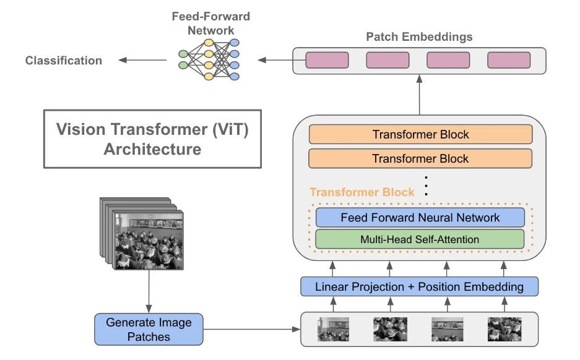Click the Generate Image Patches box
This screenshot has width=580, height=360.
coord(149,329)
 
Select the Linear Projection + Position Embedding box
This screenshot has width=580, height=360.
coord(419,286)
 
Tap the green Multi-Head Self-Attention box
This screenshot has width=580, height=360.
coord(420,239)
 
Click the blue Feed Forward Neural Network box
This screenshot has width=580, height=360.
coord(420,217)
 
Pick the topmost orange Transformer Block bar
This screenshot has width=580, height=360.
coord(420,134)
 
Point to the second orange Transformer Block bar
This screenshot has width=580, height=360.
coord(420,158)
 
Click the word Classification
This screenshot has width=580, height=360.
coord(63,60)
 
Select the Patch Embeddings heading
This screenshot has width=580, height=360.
coord(419,36)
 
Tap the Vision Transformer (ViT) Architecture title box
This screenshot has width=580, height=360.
coord(152,139)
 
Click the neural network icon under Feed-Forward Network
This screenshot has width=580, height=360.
coord(209,59)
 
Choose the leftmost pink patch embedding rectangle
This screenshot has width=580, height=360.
coord(327,60)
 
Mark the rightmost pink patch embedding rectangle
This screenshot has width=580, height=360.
coord(509,60)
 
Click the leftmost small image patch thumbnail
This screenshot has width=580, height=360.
coord(334,329)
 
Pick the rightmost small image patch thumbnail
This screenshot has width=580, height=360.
coord(503,329)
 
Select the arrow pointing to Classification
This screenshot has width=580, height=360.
coord(142,60)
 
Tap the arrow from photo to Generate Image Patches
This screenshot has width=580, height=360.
coord(149,291)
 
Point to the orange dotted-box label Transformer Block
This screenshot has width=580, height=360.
coord(362,192)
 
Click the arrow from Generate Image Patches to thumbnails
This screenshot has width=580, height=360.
coord(251,329)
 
